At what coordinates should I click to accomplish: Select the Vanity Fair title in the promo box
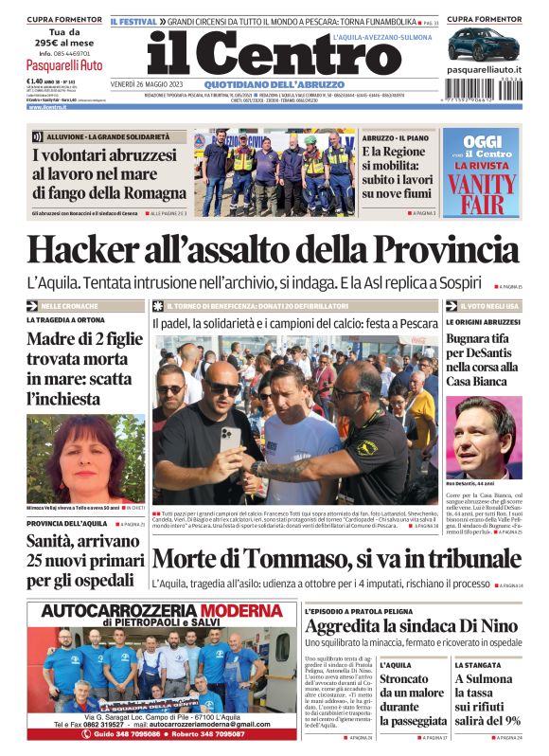coord(481,187)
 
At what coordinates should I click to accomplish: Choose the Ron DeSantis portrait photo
coord(483,438)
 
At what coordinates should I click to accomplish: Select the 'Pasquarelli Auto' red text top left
coord(64,65)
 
